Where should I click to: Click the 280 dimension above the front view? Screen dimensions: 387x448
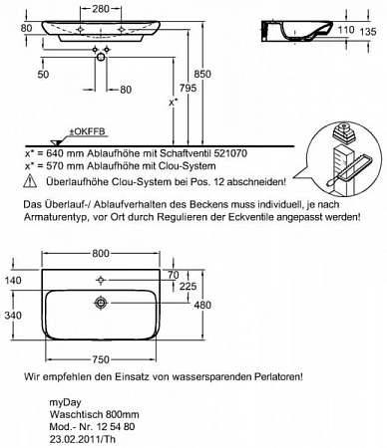(x=101, y=9)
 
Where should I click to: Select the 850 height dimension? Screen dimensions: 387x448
(x=202, y=74)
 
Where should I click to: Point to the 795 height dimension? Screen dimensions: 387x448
(x=188, y=88)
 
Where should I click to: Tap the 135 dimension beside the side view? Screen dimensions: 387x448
(x=368, y=32)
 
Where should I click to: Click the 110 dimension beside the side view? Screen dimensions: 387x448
(x=346, y=30)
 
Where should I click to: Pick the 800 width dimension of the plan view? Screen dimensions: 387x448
(x=101, y=253)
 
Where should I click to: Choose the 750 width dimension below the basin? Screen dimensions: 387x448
(x=101, y=359)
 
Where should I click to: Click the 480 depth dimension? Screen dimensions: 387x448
(x=202, y=305)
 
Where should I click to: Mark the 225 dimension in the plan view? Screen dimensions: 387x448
(x=189, y=286)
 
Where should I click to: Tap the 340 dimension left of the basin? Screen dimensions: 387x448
(x=13, y=315)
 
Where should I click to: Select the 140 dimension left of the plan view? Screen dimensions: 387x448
(x=13, y=281)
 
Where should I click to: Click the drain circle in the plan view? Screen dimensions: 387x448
(x=101, y=303)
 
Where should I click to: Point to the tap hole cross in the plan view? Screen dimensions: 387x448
(x=101, y=281)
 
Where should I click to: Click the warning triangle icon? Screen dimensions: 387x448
(x=30, y=181)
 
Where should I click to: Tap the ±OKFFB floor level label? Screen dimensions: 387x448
(x=87, y=131)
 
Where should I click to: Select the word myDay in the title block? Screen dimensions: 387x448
(x=65, y=403)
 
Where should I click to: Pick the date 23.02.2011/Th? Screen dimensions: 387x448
(x=83, y=439)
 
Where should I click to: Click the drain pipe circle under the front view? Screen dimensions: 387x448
(x=101, y=58)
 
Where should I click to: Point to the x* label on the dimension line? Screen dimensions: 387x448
(x=173, y=102)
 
